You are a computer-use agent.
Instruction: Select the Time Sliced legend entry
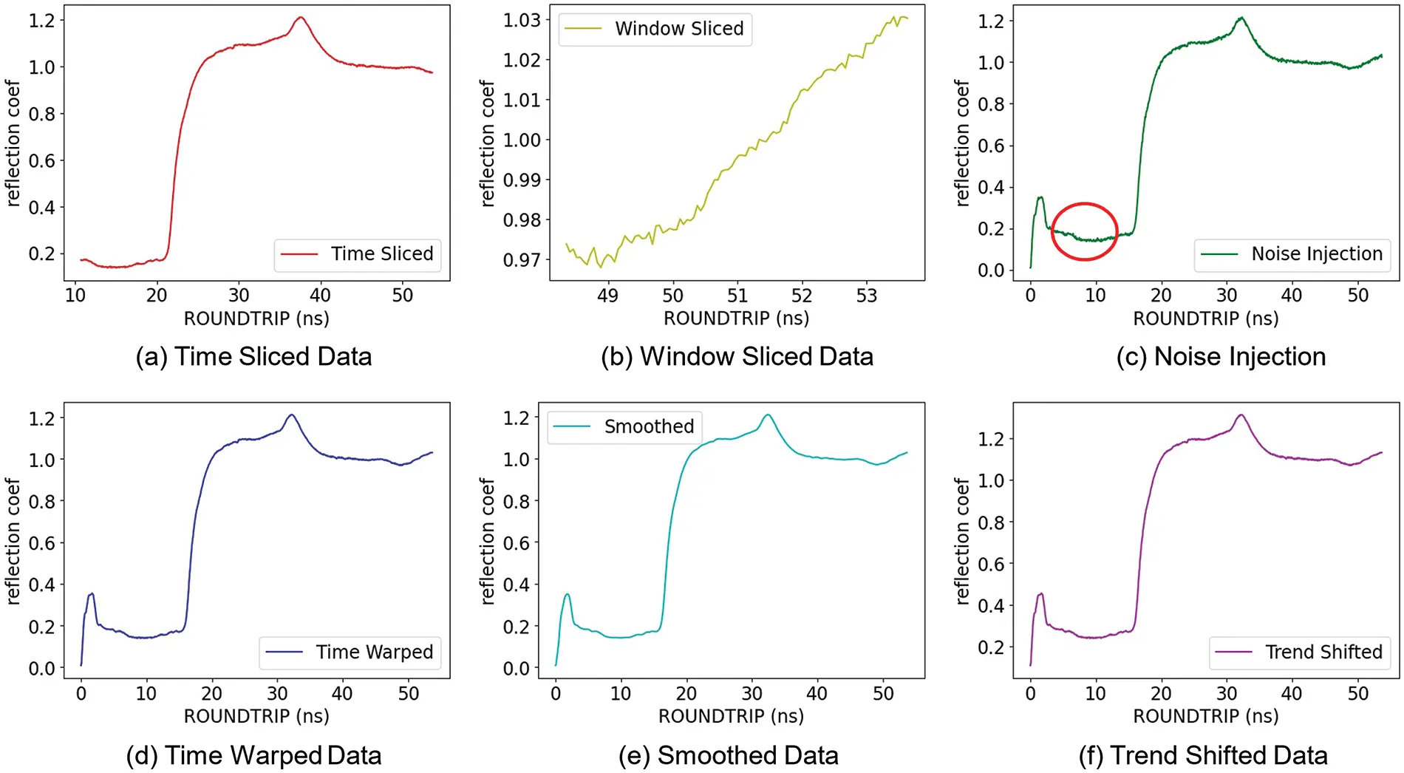[358, 254]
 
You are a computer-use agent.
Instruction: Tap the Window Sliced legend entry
[655, 29]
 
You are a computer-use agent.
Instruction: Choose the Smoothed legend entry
[625, 426]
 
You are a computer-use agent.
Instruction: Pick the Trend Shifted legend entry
[1301, 652]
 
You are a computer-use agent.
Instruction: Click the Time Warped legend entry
[350, 652]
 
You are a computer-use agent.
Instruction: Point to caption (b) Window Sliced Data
[737, 357]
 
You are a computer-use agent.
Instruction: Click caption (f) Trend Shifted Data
[1203, 755]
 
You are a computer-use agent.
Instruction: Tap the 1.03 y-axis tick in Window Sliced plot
[522, 20]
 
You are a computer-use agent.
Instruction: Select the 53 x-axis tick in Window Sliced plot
[866, 296]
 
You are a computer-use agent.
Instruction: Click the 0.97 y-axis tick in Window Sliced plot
[522, 260]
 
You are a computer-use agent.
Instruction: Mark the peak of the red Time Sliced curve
[300, 18]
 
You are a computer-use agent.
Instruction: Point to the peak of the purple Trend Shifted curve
[1241, 415]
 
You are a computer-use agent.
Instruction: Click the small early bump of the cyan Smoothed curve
[567, 594]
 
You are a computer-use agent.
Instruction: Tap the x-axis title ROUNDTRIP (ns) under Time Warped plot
[256, 716]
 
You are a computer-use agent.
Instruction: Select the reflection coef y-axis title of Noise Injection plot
[961, 143]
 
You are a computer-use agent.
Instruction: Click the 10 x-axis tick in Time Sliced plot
[75, 296]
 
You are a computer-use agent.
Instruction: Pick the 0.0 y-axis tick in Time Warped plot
[41, 668]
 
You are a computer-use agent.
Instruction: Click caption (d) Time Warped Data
[253, 755]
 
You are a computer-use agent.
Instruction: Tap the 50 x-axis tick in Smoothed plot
[883, 694]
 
